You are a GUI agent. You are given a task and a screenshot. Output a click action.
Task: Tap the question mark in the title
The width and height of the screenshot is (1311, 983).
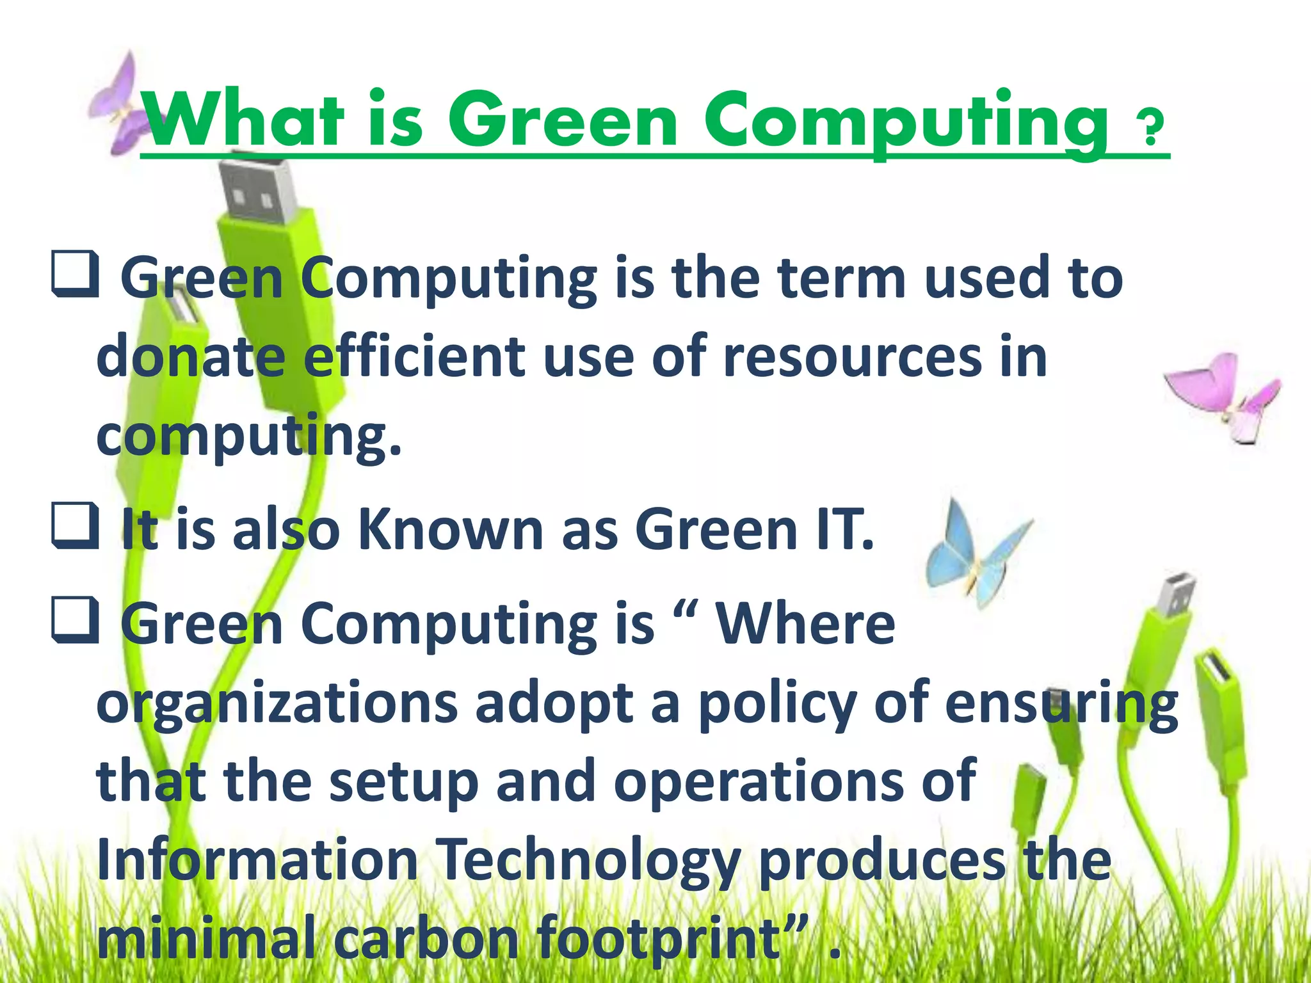[1149, 128]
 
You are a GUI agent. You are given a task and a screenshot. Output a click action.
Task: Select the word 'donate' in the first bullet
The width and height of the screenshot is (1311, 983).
[190, 356]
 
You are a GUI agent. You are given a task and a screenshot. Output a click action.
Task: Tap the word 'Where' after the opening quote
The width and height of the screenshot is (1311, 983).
[805, 624]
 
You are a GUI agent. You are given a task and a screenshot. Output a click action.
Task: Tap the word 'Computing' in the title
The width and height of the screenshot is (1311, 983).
[906, 122]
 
